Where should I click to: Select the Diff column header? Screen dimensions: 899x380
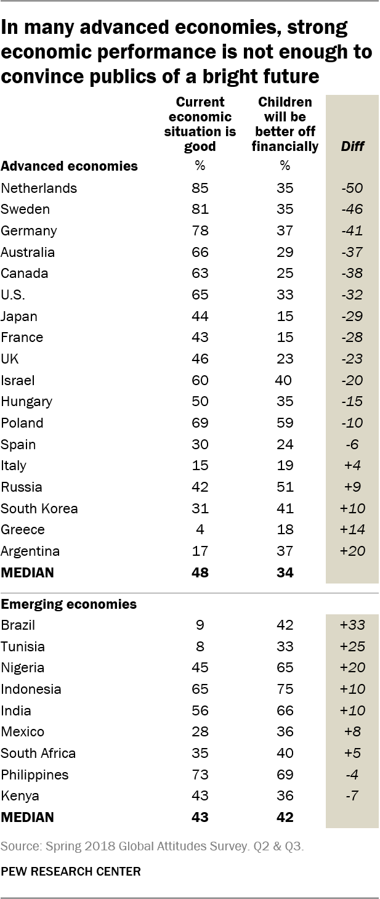(x=352, y=146)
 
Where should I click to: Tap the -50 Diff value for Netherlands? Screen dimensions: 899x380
(x=352, y=188)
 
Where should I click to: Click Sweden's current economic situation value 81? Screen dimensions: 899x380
(x=200, y=209)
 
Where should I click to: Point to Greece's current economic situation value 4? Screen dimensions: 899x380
(x=200, y=529)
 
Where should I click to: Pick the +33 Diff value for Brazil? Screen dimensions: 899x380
(x=352, y=625)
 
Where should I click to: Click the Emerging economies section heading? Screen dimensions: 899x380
(x=68, y=604)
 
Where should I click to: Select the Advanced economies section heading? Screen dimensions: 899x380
(x=69, y=166)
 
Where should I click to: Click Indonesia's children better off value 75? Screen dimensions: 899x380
(x=285, y=689)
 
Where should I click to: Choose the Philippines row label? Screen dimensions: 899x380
(x=34, y=774)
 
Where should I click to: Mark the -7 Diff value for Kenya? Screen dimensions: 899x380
(x=352, y=795)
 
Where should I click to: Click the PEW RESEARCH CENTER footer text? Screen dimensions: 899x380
(x=71, y=871)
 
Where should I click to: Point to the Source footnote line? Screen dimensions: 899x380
(x=153, y=847)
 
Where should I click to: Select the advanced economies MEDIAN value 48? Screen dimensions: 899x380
(x=200, y=572)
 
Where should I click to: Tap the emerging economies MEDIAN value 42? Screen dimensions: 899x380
(x=285, y=817)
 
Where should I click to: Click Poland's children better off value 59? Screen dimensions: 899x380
(x=285, y=423)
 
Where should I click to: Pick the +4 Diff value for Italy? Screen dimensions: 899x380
(x=352, y=465)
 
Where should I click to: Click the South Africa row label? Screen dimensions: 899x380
(x=38, y=753)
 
